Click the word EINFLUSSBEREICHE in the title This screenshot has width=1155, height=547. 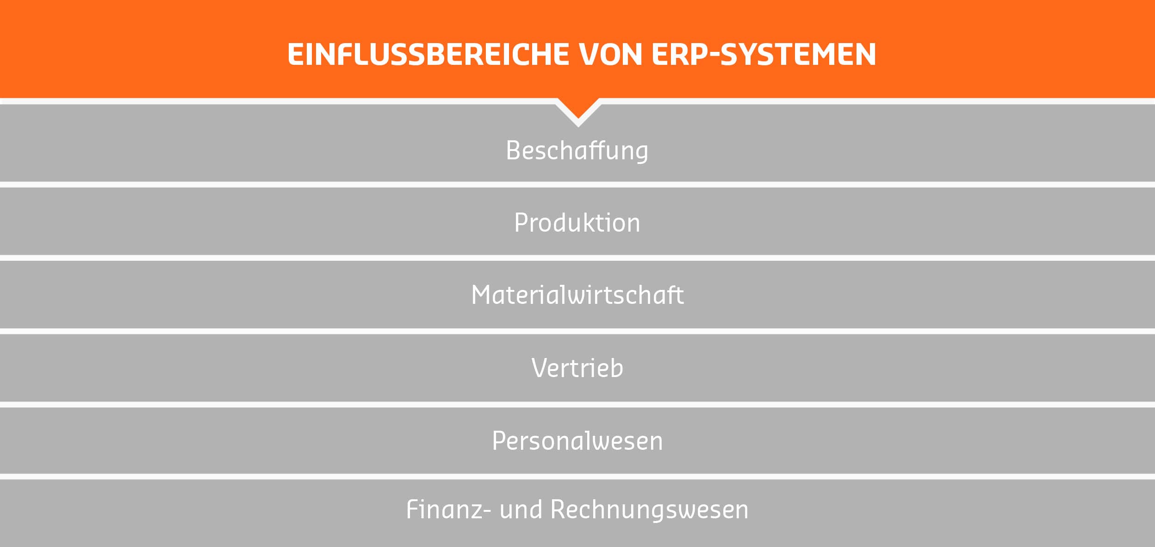tap(428, 55)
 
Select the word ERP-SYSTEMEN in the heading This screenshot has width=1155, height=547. tap(764, 55)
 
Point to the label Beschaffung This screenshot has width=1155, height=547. tap(577, 151)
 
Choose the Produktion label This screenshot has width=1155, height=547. tap(577, 223)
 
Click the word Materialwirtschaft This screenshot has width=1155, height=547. tap(577, 295)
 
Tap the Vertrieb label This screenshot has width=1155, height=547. tap(577, 368)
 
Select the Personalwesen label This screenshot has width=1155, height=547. tap(577, 441)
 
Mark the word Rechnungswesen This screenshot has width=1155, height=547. tap(649, 510)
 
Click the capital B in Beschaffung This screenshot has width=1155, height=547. tap(514, 151)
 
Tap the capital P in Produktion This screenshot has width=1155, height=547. tap(521, 223)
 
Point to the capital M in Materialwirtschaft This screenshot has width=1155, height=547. tap(481, 295)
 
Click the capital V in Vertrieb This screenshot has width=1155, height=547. tap(540, 368)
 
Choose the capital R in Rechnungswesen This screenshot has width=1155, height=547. tap(559, 509)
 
